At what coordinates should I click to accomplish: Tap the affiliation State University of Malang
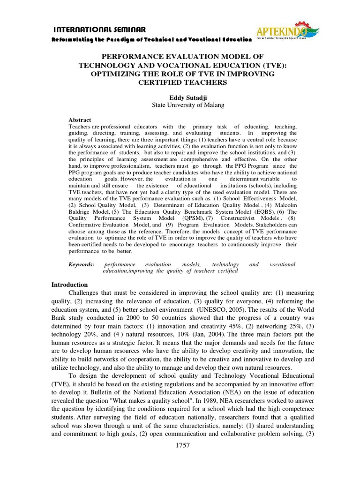tap(181, 105)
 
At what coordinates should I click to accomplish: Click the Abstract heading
tap(80, 120)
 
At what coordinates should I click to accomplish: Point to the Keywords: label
tap(82, 264)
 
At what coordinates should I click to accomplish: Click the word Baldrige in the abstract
tap(80, 211)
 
